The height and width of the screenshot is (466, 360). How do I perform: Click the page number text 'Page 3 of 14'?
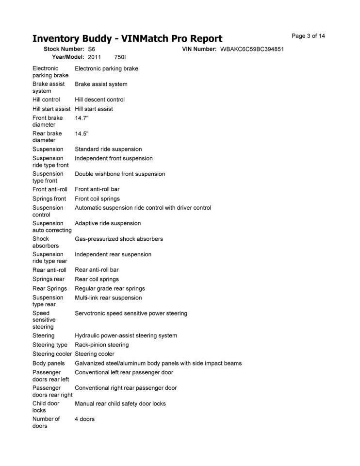(308, 36)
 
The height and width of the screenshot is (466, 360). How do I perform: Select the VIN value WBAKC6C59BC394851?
(252, 50)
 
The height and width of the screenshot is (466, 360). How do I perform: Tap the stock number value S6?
(92, 50)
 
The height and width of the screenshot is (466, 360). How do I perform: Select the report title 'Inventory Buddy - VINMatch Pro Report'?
(127, 39)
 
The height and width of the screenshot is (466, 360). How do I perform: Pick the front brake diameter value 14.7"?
(82, 118)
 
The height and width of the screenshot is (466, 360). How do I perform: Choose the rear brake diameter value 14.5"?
(82, 133)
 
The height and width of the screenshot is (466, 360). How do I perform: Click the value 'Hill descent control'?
(99, 100)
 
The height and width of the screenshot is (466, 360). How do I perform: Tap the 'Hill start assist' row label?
(51, 109)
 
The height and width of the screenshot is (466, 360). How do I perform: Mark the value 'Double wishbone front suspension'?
(120, 174)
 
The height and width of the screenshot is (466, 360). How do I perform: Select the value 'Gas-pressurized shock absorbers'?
(119, 239)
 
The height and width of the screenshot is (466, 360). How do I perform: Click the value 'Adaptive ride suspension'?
(108, 223)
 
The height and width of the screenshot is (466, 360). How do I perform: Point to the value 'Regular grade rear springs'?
(110, 288)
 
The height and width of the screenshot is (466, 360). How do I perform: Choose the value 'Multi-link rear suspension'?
(108, 298)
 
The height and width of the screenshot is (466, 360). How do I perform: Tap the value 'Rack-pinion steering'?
(102, 345)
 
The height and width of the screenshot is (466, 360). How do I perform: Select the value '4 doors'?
(84, 419)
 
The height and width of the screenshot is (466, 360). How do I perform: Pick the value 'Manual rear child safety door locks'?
(120, 403)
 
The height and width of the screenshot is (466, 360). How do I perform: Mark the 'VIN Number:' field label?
(199, 50)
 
